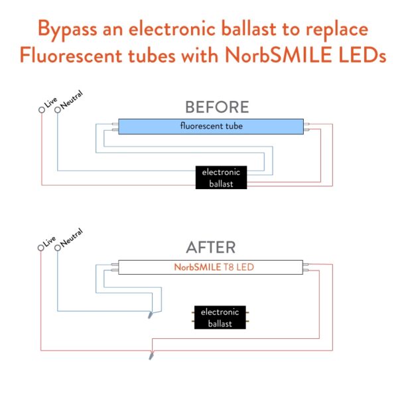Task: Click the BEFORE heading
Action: click(x=217, y=107)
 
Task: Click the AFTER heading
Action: click(x=211, y=247)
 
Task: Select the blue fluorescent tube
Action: click(x=211, y=126)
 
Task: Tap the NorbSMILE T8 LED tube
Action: click(x=210, y=267)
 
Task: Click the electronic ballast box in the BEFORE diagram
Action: click(x=221, y=177)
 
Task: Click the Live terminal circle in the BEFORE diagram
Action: click(x=42, y=109)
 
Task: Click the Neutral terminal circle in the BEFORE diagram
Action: click(x=58, y=109)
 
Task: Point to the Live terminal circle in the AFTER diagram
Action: click(x=42, y=248)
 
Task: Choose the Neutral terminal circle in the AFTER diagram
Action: click(x=58, y=248)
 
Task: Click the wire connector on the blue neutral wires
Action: click(x=151, y=314)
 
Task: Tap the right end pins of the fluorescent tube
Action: click(x=308, y=126)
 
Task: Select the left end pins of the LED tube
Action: click(x=114, y=267)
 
